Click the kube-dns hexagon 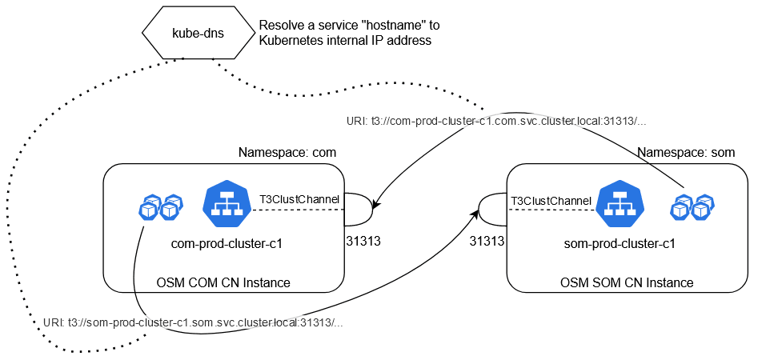click(195, 34)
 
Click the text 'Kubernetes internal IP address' click(345, 41)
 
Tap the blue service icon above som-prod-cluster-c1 click(621, 205)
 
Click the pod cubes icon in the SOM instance click(691, 206)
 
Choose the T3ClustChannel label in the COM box click(299, 198)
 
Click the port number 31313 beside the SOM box click(487, 240)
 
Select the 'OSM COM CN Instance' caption click(223, 282)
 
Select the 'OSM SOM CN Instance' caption click(626, 282)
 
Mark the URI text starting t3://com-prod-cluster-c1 click(496, 122)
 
